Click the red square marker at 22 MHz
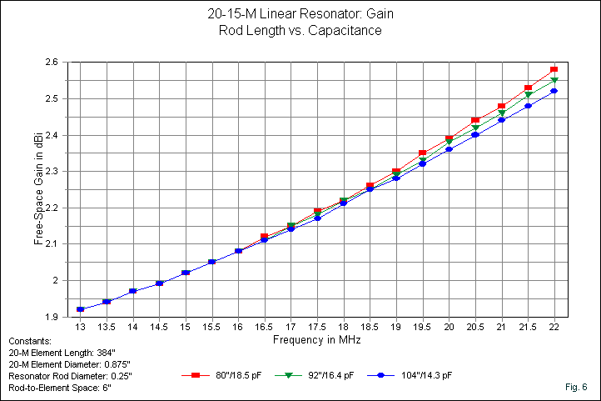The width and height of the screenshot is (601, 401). (x=554, y=69)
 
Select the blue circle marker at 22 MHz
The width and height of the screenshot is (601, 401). (x=554, y=91)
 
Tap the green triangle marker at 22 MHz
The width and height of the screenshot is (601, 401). (x=554, y=80)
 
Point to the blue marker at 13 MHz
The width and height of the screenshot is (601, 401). (x=80, y=309)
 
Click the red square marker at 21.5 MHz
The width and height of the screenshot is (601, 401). (x=528, y=88)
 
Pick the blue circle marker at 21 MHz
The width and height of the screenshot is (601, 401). (x=502, y=120)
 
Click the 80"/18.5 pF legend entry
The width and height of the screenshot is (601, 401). (x=230, y=376)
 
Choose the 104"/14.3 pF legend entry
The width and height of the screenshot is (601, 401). (x=423, y=376)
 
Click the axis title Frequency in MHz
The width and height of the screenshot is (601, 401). (x=316, y=340)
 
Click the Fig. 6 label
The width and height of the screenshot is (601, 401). (x=575, y=387)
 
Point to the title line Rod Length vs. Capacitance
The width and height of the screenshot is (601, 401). (x=300, y=31)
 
